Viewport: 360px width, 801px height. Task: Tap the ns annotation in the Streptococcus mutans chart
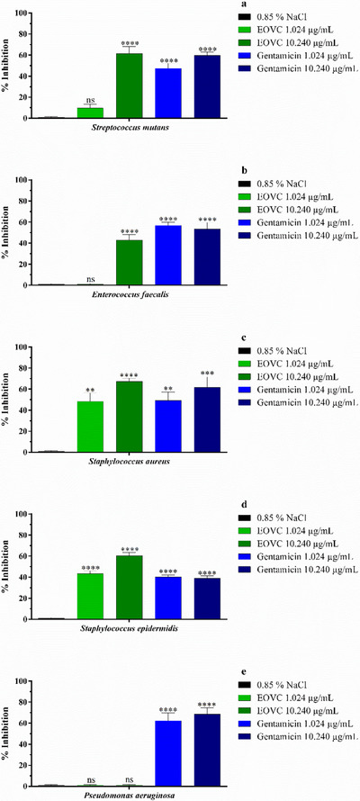point(91,101)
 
